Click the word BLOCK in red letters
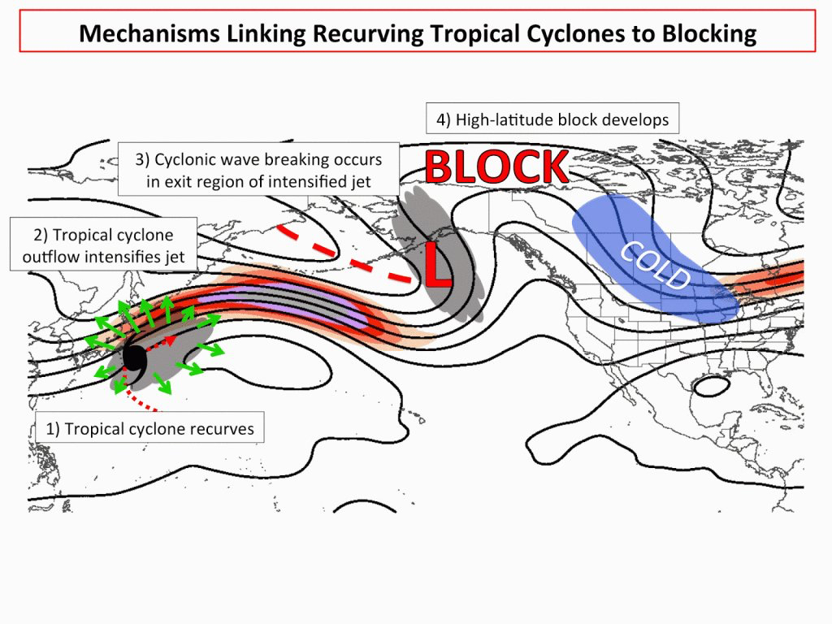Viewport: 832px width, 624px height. coord(496,167)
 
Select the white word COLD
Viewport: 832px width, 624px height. coord(655,266)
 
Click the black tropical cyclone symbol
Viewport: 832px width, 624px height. coord(136,357)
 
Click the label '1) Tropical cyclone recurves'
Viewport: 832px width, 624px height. coord(149,428)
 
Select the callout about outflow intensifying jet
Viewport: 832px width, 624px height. coord(103,246)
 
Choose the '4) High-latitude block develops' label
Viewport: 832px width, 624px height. coord(552,119)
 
